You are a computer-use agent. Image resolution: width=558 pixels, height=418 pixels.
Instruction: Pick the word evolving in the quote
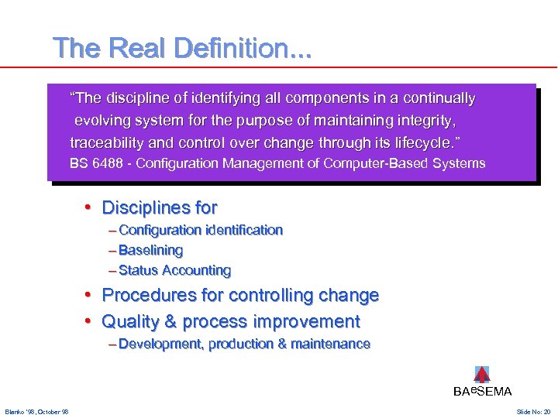(x=102, y=121)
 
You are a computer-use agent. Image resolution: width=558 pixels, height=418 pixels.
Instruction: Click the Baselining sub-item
(x=150, y=250)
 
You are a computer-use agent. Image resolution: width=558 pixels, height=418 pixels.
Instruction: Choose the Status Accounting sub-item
(x=174, y=270)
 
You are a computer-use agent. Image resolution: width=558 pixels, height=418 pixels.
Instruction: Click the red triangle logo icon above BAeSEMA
(x=481, y=375)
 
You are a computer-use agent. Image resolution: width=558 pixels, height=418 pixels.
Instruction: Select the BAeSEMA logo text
(x=482, y=392)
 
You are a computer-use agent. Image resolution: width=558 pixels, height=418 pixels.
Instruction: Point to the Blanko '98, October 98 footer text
(x=36, y=411)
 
